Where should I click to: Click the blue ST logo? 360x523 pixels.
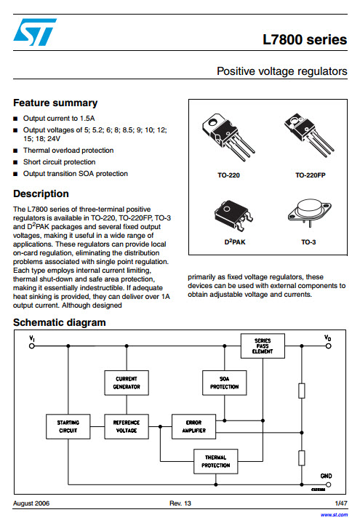[35, 32]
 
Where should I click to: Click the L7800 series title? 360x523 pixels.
[305, 40]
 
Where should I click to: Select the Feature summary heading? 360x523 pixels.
[55, 103]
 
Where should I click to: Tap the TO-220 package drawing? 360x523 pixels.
[228, 137]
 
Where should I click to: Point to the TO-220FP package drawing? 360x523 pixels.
[309, 135]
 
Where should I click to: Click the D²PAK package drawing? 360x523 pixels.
[233, 215]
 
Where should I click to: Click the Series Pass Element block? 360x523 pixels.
[263, 346]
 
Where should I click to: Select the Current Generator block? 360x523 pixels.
[127, 383]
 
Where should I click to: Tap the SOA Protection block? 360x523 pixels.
[225, 383]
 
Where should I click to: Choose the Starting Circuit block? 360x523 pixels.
[68, 426]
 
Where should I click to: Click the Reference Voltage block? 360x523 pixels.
[127, 426]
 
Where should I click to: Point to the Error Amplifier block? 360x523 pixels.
[194, 426]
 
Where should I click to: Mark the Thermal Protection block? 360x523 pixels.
[216, 461]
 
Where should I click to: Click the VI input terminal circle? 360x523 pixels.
[32, 346]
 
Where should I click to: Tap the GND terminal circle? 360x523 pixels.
[329, 484]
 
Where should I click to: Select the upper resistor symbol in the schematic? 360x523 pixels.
[302, 391]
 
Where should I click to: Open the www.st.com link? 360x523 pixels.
[334, 515]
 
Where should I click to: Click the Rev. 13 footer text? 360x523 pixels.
[180, 503]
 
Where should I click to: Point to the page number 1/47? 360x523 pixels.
[341, 503]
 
